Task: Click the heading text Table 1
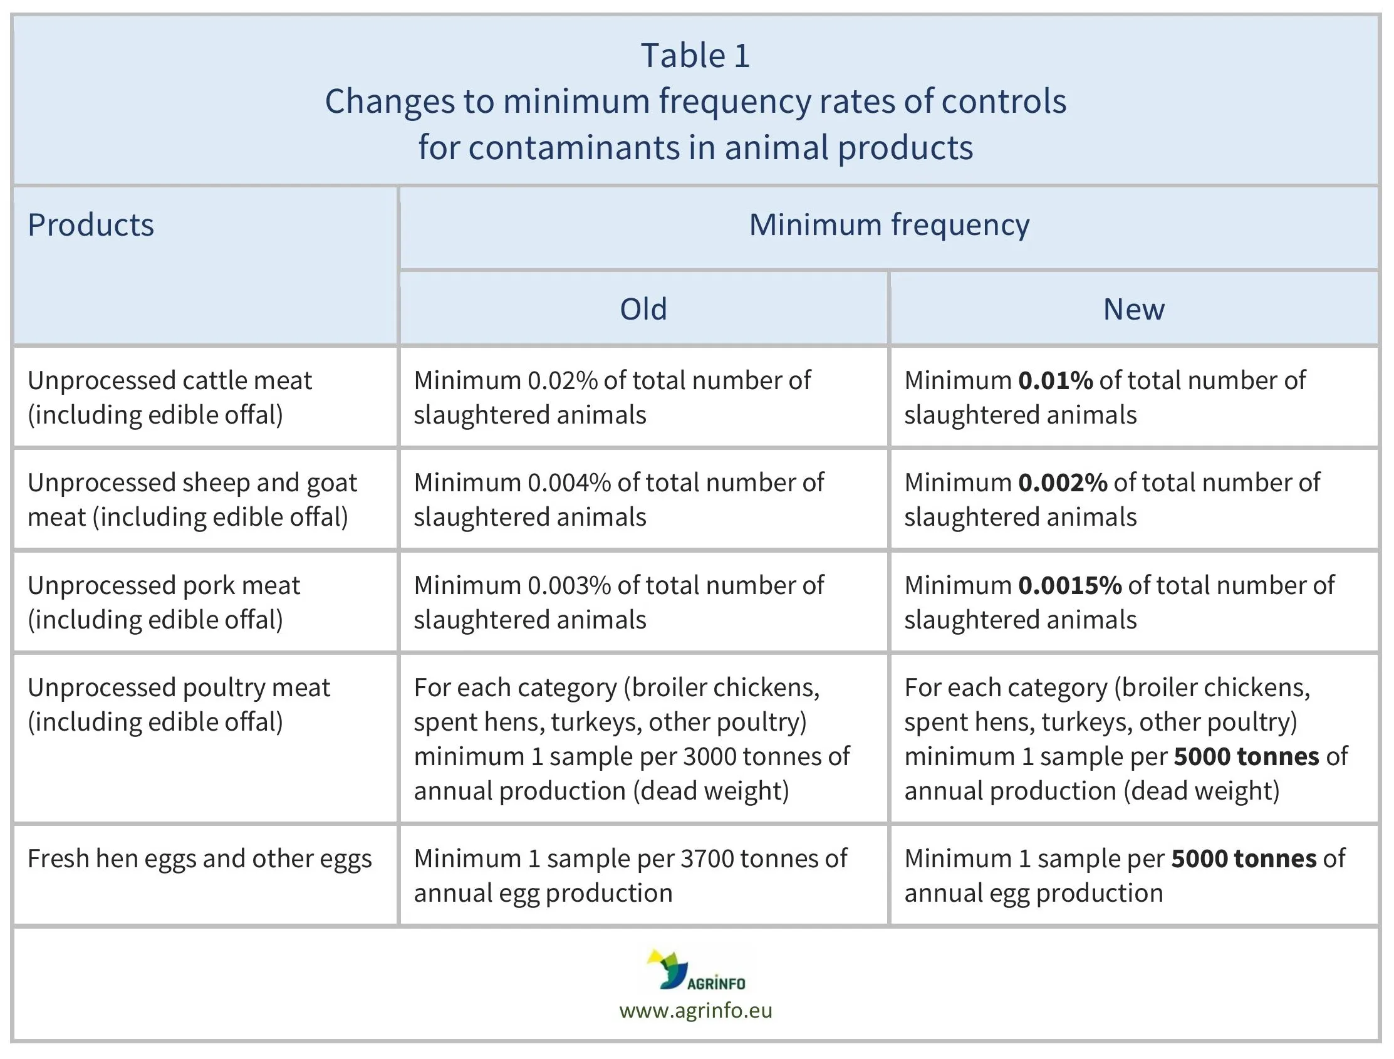pos(695,56)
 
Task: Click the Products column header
pos(91,225)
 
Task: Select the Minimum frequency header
pos(888,225)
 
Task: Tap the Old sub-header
pos(643,310)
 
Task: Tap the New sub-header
pos(1133,310)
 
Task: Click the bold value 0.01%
pos(1055,381)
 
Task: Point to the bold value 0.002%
pos(1063,483)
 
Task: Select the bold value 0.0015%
pos(1069,586)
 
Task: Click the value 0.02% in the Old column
pos(562,381)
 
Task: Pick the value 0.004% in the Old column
pos(569,483)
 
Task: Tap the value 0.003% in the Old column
pos(569,586)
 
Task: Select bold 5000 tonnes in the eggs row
pos(1244,859)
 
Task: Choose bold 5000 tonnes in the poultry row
pos(1246,756)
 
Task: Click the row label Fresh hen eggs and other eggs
pos(200,859)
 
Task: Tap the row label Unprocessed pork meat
pos(164,586)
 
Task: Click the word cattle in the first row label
pos(213,381)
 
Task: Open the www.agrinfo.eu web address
pos(695,1011)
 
